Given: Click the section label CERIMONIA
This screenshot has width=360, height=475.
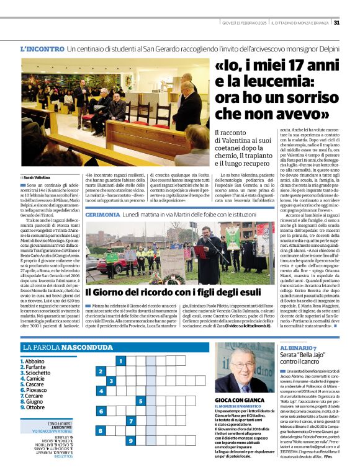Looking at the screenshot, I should pos(102,213).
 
